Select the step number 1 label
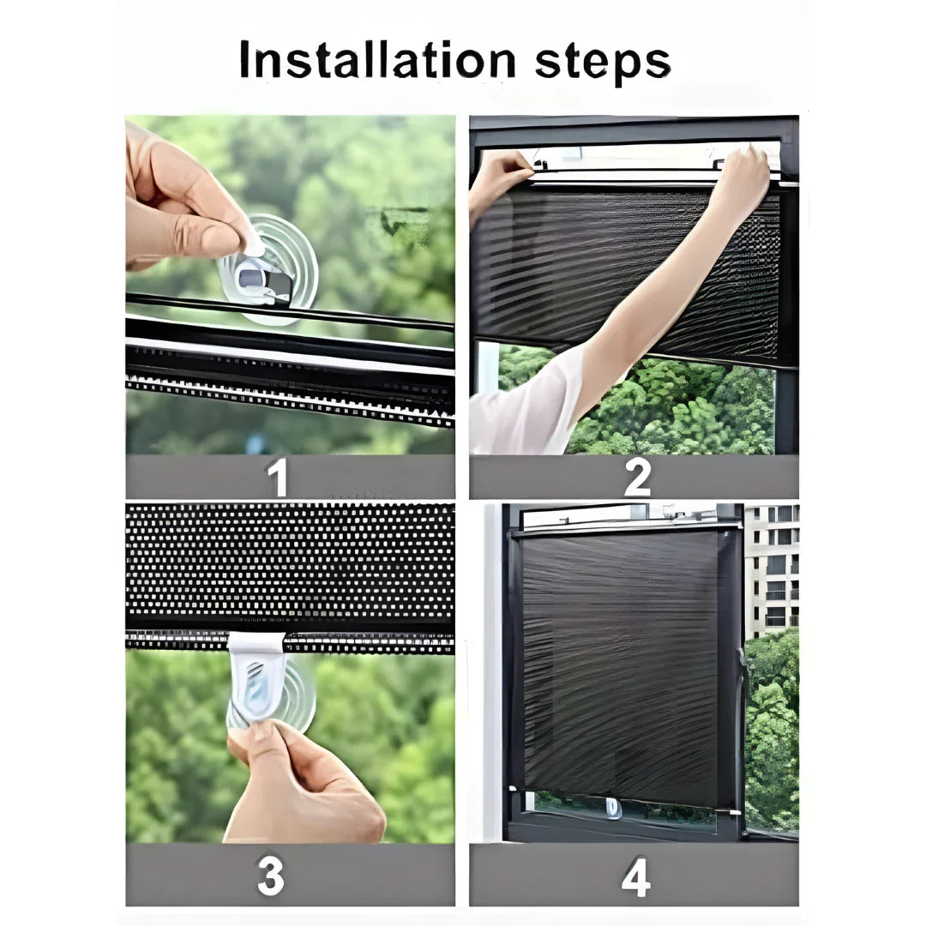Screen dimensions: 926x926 (x=277, y=478)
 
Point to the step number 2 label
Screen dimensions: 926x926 (x=636, y=478)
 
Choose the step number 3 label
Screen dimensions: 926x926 (x=271, y=875)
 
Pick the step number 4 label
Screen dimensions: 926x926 (x=635, y=875)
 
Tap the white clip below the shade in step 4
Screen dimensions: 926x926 (x=614, y=808)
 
